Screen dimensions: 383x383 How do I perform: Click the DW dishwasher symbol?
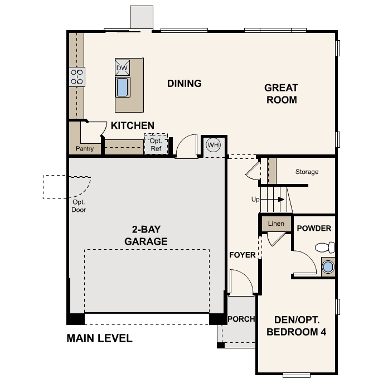click(122, 67)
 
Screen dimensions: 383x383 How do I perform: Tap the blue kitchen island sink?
click(123, 87)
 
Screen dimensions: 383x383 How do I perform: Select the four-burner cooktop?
click(77, 77)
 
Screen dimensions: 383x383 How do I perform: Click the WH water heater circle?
click(213, 145)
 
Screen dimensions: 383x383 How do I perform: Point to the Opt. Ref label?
click(156, 144)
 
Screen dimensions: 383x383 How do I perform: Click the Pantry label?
click(85, 148)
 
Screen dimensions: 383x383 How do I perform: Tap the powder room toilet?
click(325, 247)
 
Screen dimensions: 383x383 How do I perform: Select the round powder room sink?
click(328, 266)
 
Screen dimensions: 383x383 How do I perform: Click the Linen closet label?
click(276, 224)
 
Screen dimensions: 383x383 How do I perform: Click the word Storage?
click(307, 172)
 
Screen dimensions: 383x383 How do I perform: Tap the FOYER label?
click(243, 255)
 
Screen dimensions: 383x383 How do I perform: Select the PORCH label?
click(241, 319)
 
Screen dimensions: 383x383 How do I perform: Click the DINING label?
click(185, 84)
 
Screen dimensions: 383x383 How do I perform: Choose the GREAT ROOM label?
click(282, 94)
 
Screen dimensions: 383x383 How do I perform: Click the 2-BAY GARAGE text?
click(146, 235)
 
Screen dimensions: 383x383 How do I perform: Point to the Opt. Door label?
click(79, 206)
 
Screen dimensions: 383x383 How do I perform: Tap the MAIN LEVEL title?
click(100, 338)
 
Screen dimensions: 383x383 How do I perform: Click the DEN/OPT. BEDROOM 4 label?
click(296, 326)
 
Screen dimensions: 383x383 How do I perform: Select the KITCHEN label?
click(133, 125)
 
